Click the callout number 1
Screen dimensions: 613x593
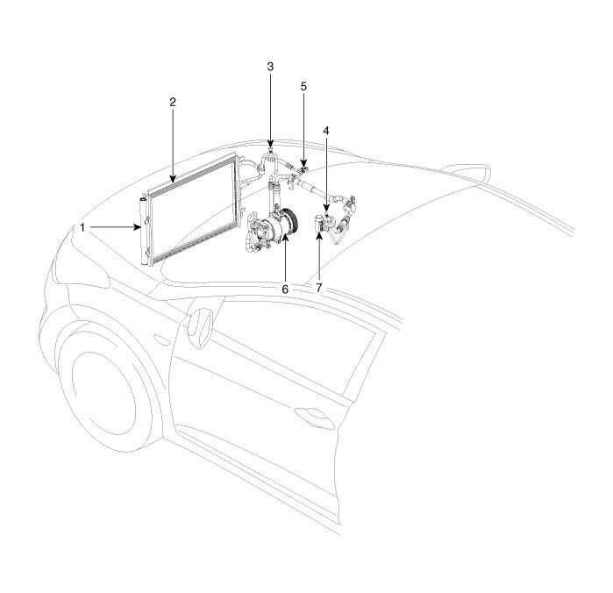pos(82,227)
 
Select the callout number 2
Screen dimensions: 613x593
pos(173,102)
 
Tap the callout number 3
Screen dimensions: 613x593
pos(270,67)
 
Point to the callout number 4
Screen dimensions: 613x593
pos(325,131)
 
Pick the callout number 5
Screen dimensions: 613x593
pos(303,87)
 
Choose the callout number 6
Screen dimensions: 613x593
pos(285,289)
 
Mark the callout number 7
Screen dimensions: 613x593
pos(319,289)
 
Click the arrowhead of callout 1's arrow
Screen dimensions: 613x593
pos(137,227)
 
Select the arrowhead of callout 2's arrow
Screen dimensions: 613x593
pos(173,180)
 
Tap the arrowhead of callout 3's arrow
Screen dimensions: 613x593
pos(270,146)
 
